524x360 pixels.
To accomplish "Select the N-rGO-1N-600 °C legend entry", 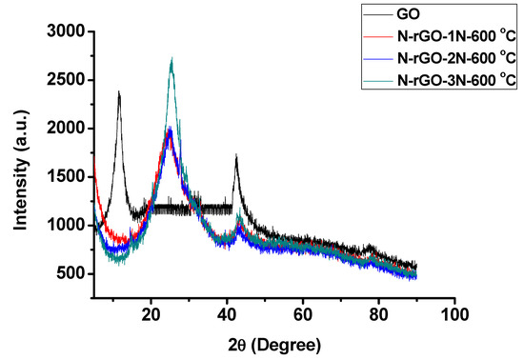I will [x=440, y=36].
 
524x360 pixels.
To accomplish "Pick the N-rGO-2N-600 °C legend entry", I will [x=440, y=56].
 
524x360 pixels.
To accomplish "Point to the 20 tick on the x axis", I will [x=151, y=311].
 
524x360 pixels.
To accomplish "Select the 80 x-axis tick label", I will [x=378, y=311].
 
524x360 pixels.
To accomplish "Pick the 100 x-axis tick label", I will [x=454, y=311].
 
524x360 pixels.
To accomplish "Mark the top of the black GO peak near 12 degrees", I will [x=119, y=92].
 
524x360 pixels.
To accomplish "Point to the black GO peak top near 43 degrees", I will [x=236, y=155].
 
